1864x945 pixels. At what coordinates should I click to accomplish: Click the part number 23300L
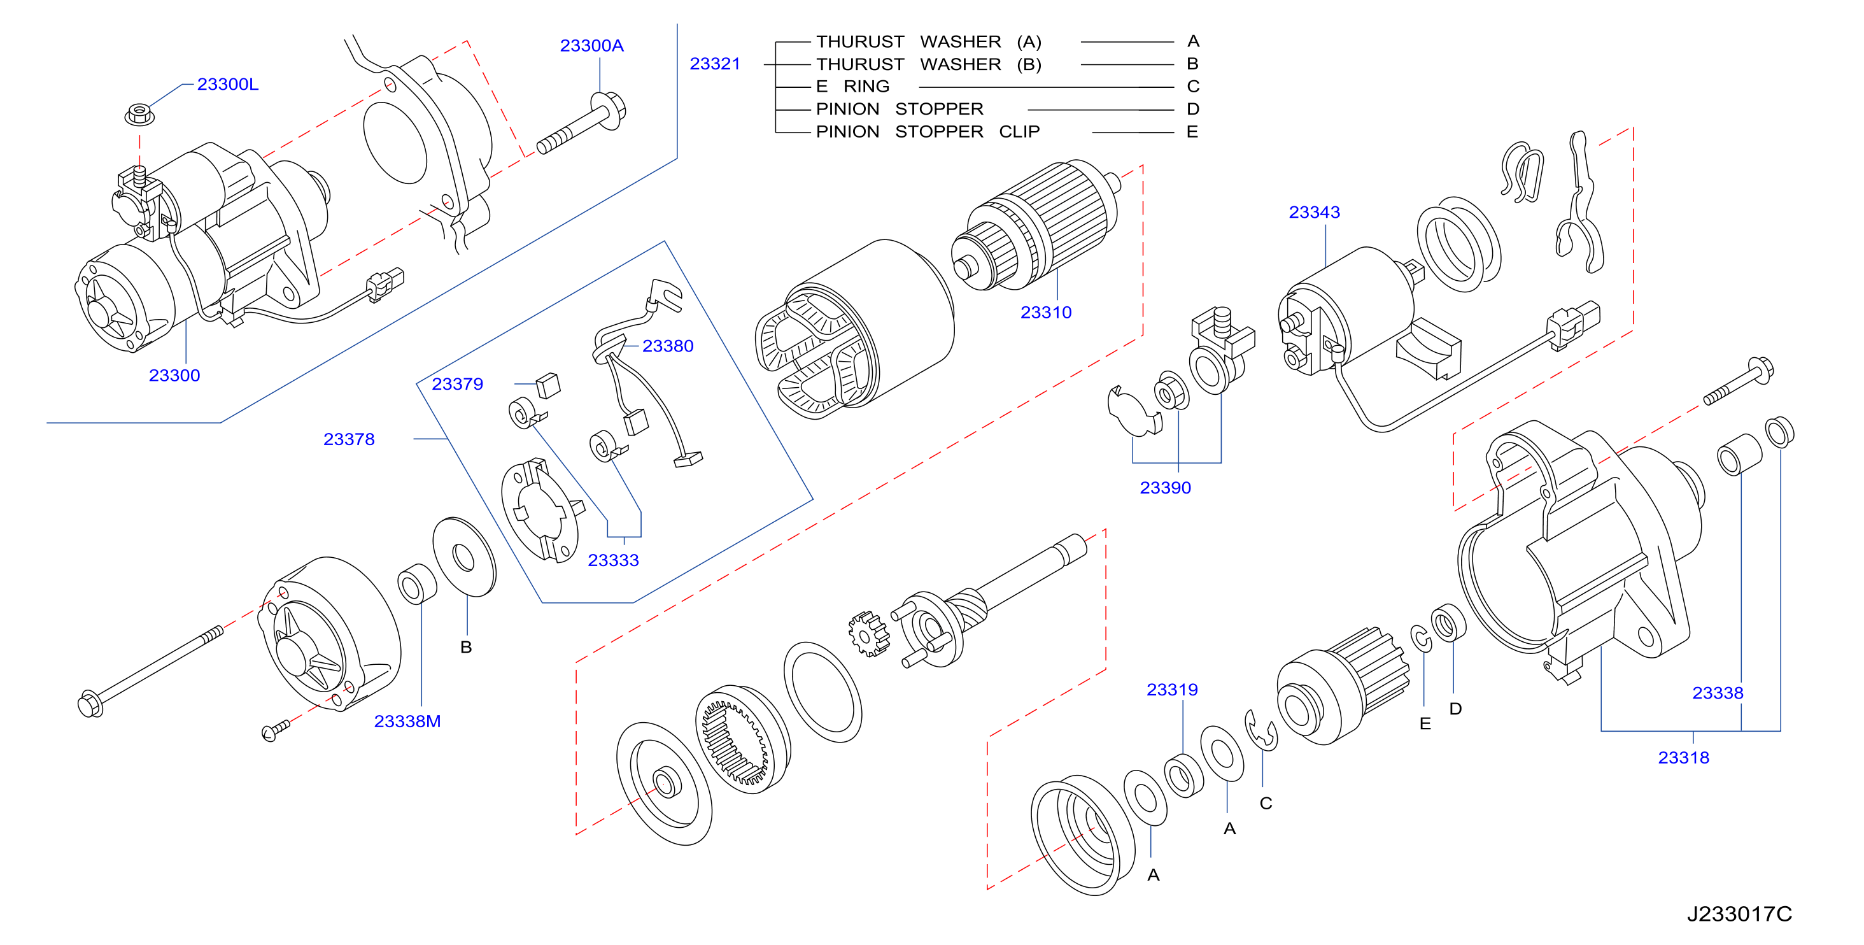tap(227, 84)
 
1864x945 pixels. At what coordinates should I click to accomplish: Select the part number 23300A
tap(591, 46)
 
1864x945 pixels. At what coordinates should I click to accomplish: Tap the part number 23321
tap(714, 64)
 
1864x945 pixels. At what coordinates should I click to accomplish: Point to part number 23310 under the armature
tap(1045, 312)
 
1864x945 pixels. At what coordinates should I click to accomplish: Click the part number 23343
tap(1313, 212)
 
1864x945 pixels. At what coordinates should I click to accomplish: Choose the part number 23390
tap(1164, 487)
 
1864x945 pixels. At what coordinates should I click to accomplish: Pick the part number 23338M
tap(407, 721)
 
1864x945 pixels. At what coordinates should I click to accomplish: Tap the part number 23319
tap(1171, 689)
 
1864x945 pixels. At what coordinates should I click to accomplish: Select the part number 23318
tap(1683, 757)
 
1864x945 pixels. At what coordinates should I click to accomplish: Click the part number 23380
tap(667, 346)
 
